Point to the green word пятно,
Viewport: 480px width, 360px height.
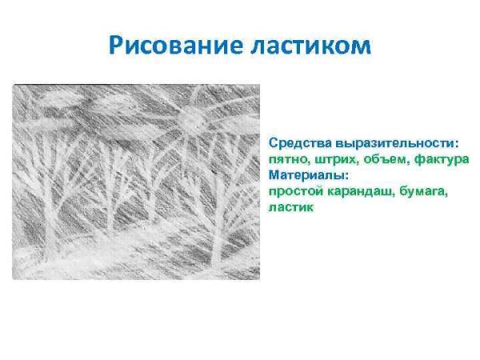(286, 159)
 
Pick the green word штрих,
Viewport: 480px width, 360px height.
(331, 159)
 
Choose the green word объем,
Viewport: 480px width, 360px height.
(382, 159)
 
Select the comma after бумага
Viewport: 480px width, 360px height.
(442, 195)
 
